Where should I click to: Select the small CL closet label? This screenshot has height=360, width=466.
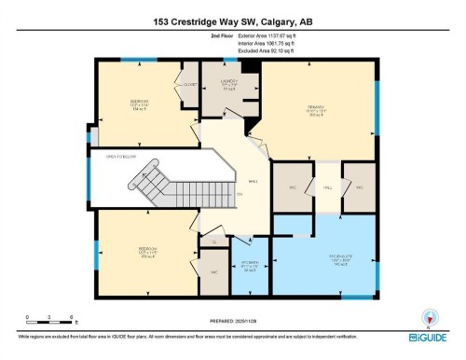click(212, 242)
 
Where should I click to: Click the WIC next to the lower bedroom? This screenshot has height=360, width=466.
click(213, 271)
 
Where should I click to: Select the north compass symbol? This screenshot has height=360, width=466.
click(429, 316)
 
